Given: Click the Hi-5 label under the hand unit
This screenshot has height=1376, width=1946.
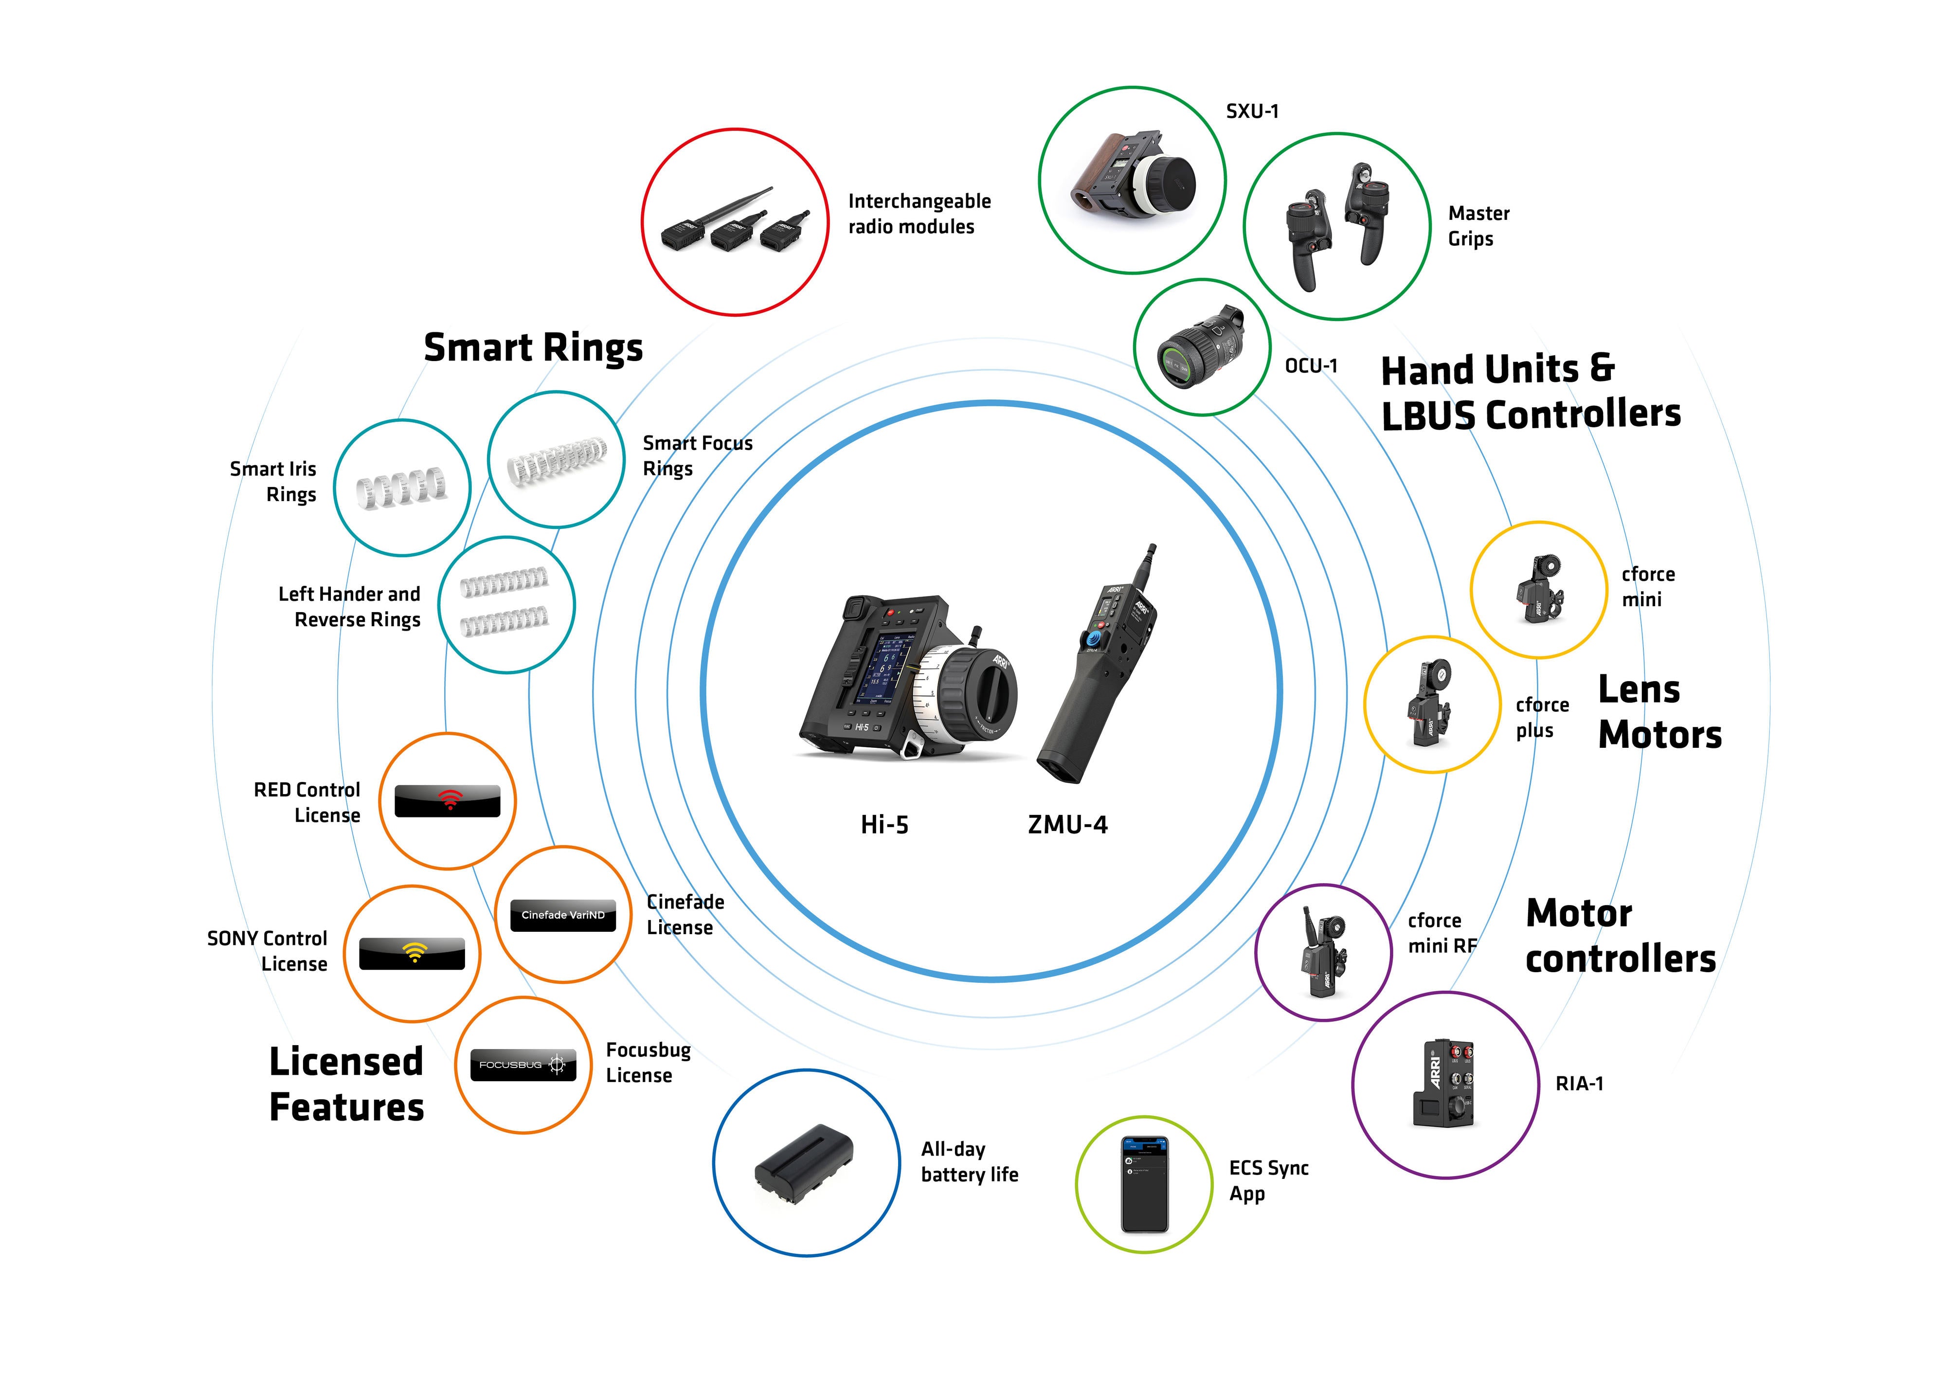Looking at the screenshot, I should [884, 824].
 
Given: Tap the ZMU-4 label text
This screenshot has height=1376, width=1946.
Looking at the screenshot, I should [1067, 824].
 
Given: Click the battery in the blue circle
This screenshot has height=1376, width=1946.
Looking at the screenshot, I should [804, 1164].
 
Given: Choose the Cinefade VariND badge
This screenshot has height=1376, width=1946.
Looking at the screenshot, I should [563, 915].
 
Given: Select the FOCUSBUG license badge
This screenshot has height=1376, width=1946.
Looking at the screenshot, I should [523, 1065].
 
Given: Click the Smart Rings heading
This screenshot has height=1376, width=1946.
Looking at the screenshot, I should [533, 347].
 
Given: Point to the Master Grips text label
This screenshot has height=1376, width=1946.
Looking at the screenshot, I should [1478, 225].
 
